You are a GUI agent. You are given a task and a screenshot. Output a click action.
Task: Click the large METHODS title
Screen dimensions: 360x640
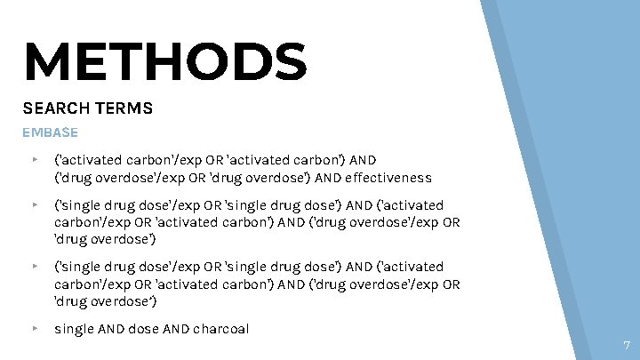coord(165,61)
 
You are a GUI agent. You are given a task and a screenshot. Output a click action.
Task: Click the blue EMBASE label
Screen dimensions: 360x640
coord(50,132)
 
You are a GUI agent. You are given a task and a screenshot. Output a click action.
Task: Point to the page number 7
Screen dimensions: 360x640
coord(627,345)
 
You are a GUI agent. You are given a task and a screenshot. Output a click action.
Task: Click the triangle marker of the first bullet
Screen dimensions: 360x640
coord(34,161)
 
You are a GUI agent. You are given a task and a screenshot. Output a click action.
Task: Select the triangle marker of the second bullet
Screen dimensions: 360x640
coord(34,204)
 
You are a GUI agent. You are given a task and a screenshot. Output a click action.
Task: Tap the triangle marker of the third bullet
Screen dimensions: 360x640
coord(34,267)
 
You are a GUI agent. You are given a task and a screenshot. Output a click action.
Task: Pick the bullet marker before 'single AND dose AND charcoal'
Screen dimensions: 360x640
coord(34,329)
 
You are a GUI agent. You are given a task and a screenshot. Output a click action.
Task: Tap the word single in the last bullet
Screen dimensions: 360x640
coord(72,329)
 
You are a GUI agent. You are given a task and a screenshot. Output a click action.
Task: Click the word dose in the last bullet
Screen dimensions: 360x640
coord(142,329)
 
